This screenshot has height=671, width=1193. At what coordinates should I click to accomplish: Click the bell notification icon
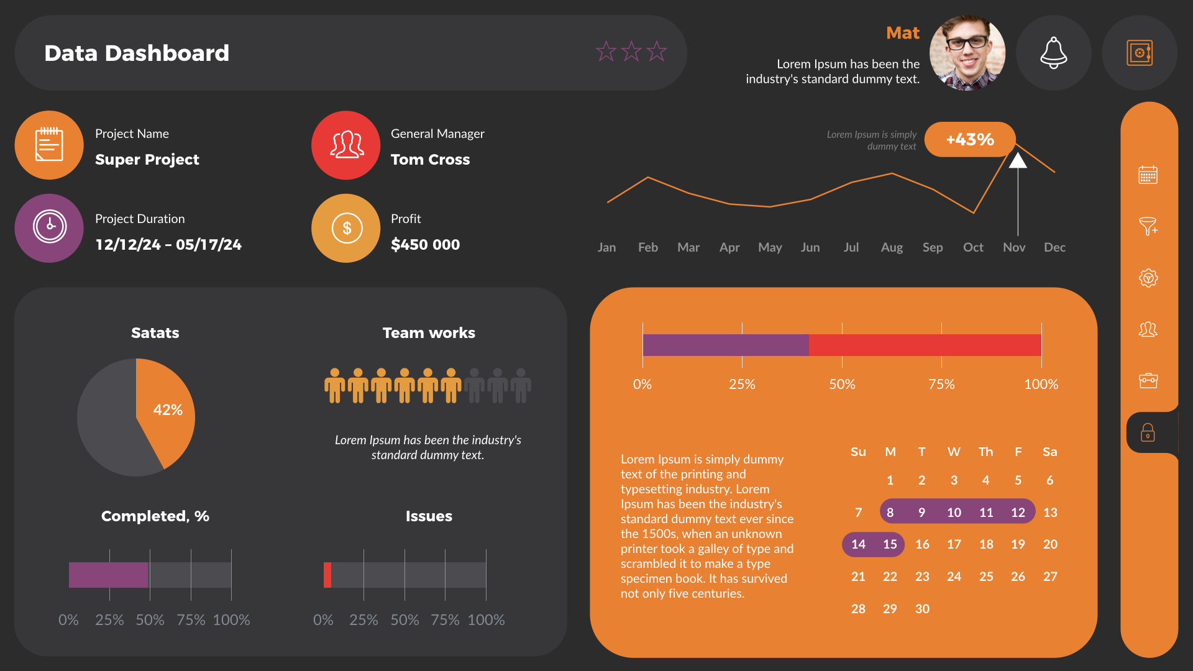(1053, 53)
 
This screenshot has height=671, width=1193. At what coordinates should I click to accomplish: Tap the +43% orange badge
(969, 139)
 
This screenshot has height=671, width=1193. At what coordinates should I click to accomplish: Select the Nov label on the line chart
(1013, 247)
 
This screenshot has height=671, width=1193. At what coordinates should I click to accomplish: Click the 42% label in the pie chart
(168, 410)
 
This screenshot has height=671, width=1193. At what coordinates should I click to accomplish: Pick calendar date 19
(1018, 544)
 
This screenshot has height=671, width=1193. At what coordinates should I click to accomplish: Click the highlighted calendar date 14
(858, 544)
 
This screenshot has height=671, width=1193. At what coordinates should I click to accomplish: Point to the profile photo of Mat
(967, 53)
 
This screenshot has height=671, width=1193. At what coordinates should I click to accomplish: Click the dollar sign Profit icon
(346, 228)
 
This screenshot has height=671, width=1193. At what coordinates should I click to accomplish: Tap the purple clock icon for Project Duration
(50, 227)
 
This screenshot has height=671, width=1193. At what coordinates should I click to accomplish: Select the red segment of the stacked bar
(925, 345)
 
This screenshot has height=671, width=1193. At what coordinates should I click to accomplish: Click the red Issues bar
(327, 575)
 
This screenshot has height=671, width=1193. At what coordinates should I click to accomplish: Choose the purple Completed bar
(108, 575)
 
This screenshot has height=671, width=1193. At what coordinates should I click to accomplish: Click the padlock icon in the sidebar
(1148, 432)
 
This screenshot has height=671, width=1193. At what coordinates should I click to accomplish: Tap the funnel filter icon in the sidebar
(1148, 226)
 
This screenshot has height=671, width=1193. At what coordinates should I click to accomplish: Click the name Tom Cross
(430, 160)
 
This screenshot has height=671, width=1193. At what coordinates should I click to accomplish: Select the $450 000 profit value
(425, 245)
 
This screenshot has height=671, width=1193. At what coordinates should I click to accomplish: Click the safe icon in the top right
(1139, 53)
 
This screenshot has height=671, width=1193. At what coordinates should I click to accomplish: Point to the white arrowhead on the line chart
(1017, 161)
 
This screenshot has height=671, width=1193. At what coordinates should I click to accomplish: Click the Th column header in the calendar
(985, 452)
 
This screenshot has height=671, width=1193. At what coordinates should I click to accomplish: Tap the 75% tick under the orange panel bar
(941, 384)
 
